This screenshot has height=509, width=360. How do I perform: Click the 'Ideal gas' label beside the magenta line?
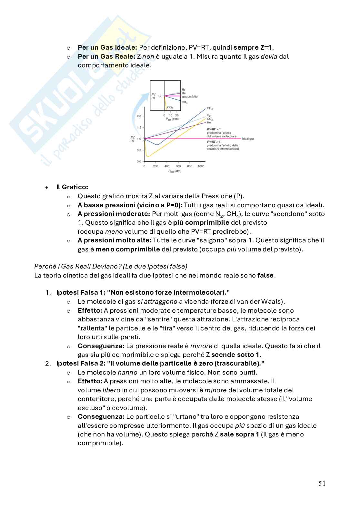pos(248,139)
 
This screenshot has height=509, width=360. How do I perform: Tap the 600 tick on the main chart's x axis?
pos(178,166)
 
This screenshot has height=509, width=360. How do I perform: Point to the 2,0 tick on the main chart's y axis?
pos(139,116)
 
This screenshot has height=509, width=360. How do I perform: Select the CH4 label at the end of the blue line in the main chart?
pos(210,108)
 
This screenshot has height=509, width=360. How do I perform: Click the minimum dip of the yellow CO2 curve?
pos(148,156)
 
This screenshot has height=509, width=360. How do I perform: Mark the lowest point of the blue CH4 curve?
pos(157,145)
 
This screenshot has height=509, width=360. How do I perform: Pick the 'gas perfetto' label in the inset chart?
pos(190,96)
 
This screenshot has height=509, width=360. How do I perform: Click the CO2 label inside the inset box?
pos(170,107)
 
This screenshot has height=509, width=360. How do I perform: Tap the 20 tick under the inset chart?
pos(176,115)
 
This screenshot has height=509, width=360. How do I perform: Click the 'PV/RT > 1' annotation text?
pos(214,129)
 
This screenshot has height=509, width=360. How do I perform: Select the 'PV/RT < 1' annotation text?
pos(214,142)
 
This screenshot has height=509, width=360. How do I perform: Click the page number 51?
pos(322,483)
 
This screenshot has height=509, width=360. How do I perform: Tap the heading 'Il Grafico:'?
pos(72,187)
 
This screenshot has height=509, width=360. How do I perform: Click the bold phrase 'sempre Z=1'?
pos(253,47)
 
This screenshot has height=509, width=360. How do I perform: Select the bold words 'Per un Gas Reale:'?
pos(106,56)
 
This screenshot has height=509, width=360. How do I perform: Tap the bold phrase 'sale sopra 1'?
pos(239,434)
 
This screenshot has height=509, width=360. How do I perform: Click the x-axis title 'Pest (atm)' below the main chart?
pos(175,171)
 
